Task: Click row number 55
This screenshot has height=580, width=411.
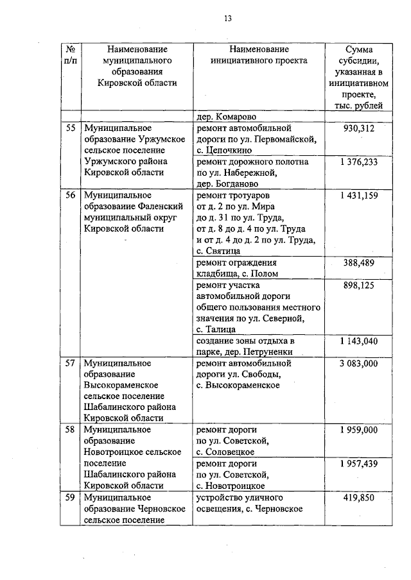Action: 71,128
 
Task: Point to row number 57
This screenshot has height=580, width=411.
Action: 71,363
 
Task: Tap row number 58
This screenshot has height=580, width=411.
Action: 71,430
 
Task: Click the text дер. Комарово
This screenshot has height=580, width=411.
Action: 227,117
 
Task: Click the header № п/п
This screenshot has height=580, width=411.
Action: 71,55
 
